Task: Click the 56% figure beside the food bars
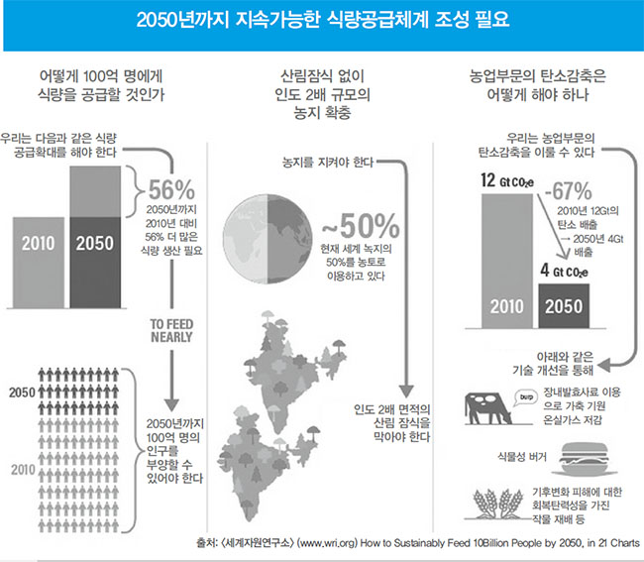[x=171, y=190]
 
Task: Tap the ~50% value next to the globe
[x=361, y=226]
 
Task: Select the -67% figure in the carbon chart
[x=569, y=190]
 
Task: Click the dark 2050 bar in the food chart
[x=95, y=263]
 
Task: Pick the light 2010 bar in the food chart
[x=39, y=263]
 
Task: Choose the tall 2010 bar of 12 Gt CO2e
[x=507, y=262]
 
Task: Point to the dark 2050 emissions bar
[x=564, y=306]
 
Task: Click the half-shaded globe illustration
[x=268, y=239]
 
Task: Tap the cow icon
[x=488, y=408]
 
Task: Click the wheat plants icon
[x=497, y=503]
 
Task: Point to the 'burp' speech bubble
[x=526, y=398]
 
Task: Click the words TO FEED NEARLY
[x=171, y=331]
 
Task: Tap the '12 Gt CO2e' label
[x=507, y=180]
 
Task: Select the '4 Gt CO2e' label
[x=564, y=271]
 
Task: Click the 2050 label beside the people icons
[x=22, y=393]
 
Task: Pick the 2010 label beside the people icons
[x=23, y=470]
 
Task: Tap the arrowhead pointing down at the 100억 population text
[x=171, y=404]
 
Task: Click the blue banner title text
[x=322, y=20]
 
